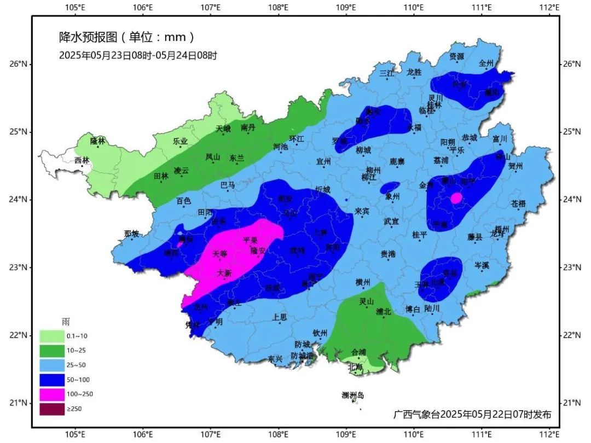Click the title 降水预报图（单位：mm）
tap(127, 37)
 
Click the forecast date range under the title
tap(138, 55)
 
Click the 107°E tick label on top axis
tap(211, 7)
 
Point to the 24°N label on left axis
tap(18, 199)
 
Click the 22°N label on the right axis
tap(572, 335)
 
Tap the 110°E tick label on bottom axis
tap(414, 435)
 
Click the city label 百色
tap(183, 201)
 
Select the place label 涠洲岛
tap(352, 395)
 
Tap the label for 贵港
tap(388, 254)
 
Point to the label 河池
tap(280, 147)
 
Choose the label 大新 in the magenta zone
tap(224, 272)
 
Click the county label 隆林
tap(97, 141)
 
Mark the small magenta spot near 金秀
tap(456, 198)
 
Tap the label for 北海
tap(356, 367)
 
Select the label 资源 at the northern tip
tap(456, 56)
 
